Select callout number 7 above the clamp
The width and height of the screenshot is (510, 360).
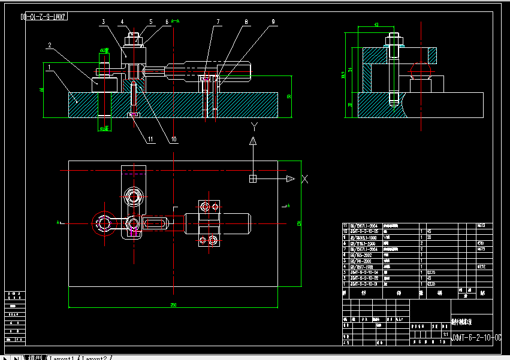218,22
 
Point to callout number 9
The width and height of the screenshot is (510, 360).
273,22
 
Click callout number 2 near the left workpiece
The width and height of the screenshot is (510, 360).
50,44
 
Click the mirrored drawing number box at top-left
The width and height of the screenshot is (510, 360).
44,17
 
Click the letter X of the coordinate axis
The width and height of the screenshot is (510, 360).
304,179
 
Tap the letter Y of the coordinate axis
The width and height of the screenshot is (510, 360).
254,126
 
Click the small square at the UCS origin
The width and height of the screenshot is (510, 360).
253,179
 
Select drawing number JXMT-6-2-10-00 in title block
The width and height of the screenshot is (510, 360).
476,338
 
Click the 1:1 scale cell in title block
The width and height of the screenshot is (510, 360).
445,334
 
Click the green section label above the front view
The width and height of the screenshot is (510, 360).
175,21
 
